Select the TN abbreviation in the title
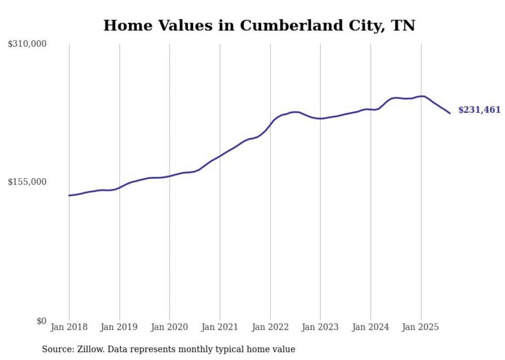click(x=403, y=26)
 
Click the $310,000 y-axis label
click(x=27, y=44)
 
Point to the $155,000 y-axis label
click(x=27, y=182)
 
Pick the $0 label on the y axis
click(x=41, y=321)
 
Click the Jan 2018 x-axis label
click(x=69, y=327)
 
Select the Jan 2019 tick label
click(x=120, y=327)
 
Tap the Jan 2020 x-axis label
click(x=170, y=327)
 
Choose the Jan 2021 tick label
click(x=220, y=327)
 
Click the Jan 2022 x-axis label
click(x=270, y=327)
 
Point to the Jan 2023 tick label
click(x=320, y=327)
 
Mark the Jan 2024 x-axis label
click(x=371, y=327)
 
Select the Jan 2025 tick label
click(x=421, y=327)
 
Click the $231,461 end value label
click(x=479, y=110)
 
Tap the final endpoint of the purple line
click(x=450, y=113)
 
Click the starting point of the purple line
click(x=69, y=195)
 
